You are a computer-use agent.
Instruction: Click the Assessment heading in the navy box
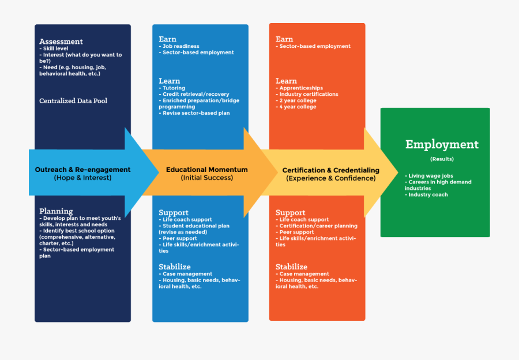(61, 42)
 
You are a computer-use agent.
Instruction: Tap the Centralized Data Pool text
(73, 101)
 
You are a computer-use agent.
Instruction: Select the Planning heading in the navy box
(56, 211)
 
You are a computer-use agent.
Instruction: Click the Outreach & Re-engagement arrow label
(83, 170)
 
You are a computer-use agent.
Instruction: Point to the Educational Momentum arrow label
(207, 170)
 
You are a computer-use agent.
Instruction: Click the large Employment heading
(442, 144)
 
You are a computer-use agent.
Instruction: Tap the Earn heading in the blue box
(168, 39)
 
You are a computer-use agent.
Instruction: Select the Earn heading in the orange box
(284, 39)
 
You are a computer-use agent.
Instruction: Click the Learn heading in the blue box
(170, 81)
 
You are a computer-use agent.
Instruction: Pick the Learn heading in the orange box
(286, 81)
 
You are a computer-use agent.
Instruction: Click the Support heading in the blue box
(174, 212)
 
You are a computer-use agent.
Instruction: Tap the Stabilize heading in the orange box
(291, 267)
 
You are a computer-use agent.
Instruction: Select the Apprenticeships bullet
(299, 88)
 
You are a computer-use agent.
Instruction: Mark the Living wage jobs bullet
(430, 176)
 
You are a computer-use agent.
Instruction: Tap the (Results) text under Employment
(442, 159)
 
